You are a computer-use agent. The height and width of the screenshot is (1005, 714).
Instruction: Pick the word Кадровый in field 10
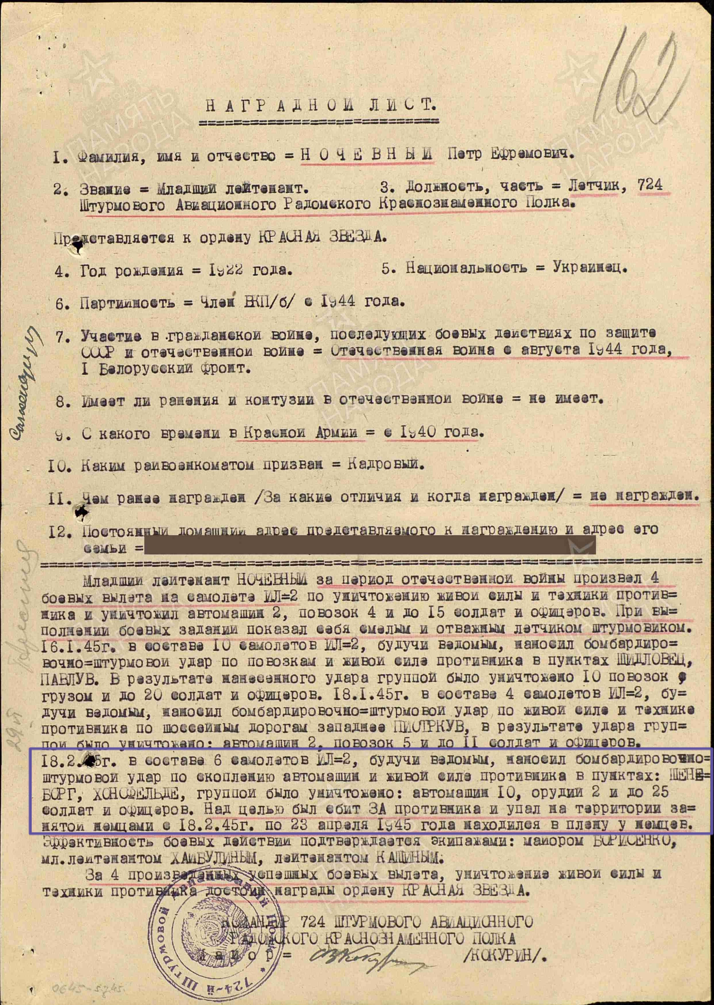click(x=385, y=465)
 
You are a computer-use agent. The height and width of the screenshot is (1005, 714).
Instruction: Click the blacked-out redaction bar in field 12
click(x=369, y=545)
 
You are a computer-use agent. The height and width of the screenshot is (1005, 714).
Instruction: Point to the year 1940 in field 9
click(x=418, y=433)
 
